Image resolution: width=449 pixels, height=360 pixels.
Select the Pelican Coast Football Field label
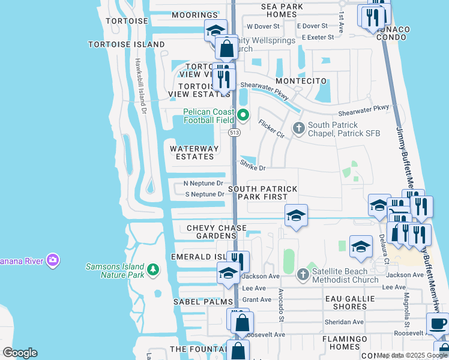tap(208, 115)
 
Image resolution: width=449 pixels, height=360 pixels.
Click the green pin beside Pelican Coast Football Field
tap(243, 115)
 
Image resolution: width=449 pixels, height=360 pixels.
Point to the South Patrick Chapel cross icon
tap(298, 128)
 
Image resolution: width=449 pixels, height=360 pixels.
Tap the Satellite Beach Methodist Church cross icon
tap(303, 274)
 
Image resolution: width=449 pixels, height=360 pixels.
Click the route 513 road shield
tap(234, 133)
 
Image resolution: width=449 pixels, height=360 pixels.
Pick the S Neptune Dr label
tap(204, 194)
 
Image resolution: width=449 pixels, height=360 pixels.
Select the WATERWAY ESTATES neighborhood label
tap(191, 152)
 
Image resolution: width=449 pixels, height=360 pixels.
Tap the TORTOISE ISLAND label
tap(126, 44)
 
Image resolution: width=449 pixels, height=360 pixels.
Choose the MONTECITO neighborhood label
tap(301, 81)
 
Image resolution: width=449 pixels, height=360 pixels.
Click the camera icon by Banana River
tap(53, 260)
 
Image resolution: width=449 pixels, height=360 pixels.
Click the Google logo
tap(20, 353)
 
